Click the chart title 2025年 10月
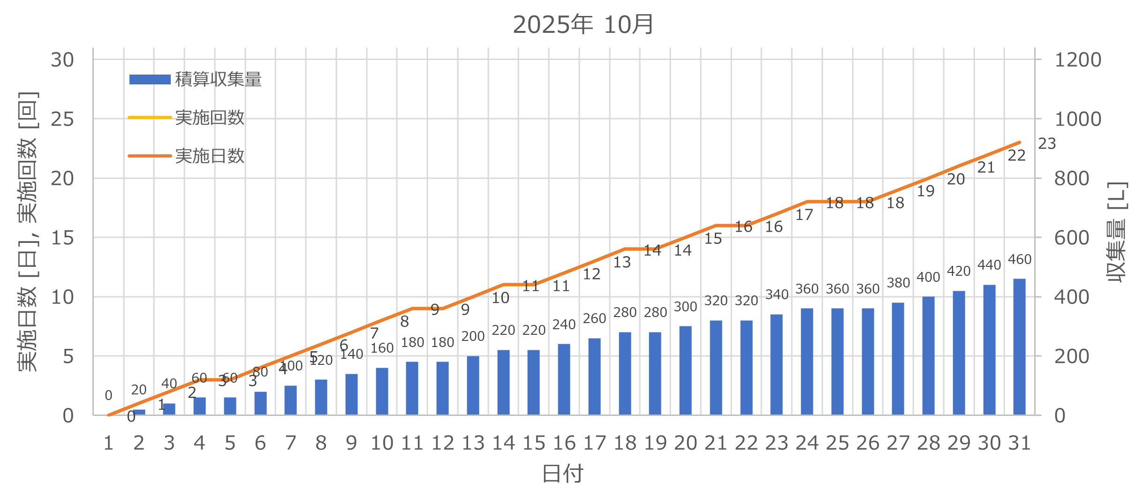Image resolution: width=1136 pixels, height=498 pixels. tap(583, 24)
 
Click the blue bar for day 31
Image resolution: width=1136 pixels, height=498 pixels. tap(1019, 347)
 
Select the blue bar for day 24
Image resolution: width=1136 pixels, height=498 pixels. tap(807, 362)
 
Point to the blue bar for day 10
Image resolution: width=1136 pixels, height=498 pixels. tap(382, 391)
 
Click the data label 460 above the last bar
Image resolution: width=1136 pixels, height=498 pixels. tap(1020, 259)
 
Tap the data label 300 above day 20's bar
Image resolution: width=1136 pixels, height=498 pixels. tap(685, 307)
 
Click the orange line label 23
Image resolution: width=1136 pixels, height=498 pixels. tap(1047, 143)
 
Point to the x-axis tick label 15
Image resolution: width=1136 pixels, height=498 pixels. tap(534, 443)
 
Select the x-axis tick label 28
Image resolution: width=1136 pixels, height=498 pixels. tap(928, 443)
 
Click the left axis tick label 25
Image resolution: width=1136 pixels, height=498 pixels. tap(62, 119)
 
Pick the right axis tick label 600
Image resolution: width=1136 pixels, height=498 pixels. tap(1072, 238)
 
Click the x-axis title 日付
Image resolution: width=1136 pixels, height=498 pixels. tap(562, 474)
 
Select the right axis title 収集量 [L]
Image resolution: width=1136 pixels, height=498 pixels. tap(1116, 232)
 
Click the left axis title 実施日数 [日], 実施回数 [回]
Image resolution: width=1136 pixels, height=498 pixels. tap(27, 232)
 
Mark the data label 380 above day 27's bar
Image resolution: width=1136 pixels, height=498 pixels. tap(898, 283)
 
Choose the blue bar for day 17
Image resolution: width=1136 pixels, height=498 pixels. tap(594, 377)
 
